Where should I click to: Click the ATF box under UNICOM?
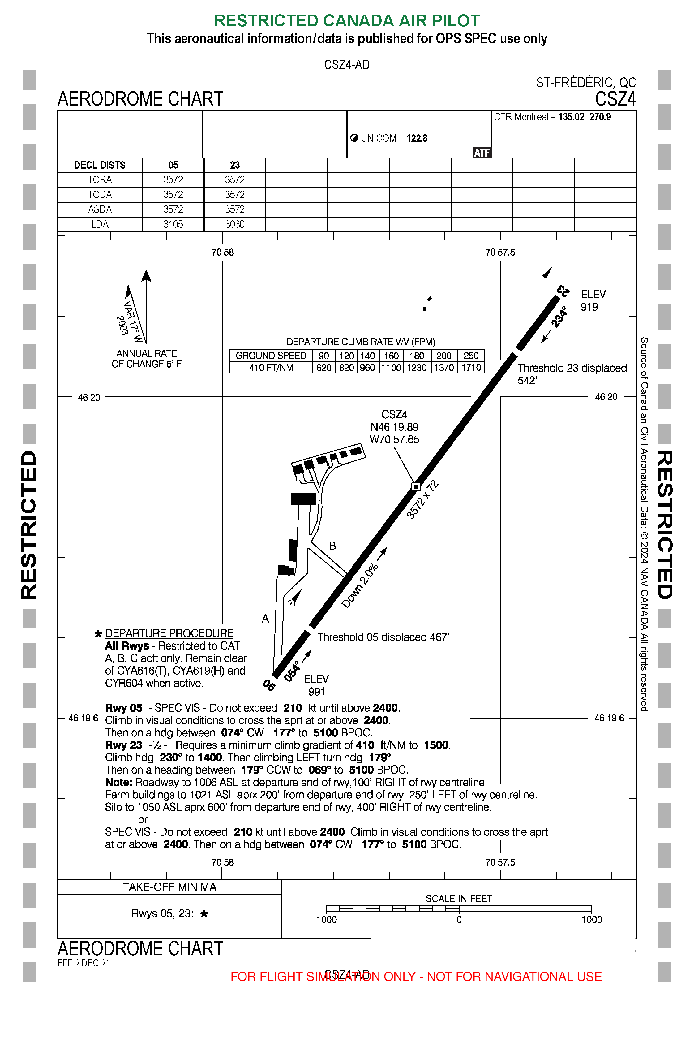pyautogui.click(x=482, y=153)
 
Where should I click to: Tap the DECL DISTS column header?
pyautogui.click(x=100, y=165)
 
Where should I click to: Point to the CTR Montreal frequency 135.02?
pyautogui.click(x=571, y=117)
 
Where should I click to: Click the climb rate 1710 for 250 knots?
pyautogui.click(x=471, y=368)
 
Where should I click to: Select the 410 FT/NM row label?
pyautogui.click(x=271, y=368)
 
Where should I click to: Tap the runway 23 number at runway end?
pyautogui.click(x=563, y=291)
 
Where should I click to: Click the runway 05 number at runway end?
pyautogui.click(x=269, y=685)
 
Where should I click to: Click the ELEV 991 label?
pyautogui.click(x=316, y=685)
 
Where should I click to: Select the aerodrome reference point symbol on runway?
pyautogui.click(x=416, y=487)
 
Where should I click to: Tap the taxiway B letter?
pyautogui.click(x=332, y=546)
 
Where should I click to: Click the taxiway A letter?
pyautogui.click(x=265, y=619)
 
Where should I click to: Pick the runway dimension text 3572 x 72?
pyautogui.click(x=423, y=499)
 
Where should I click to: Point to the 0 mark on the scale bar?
pyautogui.click(x=459, y=920)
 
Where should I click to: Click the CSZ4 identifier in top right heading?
pyautogui.click(x=615, y=99)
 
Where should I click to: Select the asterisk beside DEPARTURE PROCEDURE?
pyautogui.click(x=98, y=634)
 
